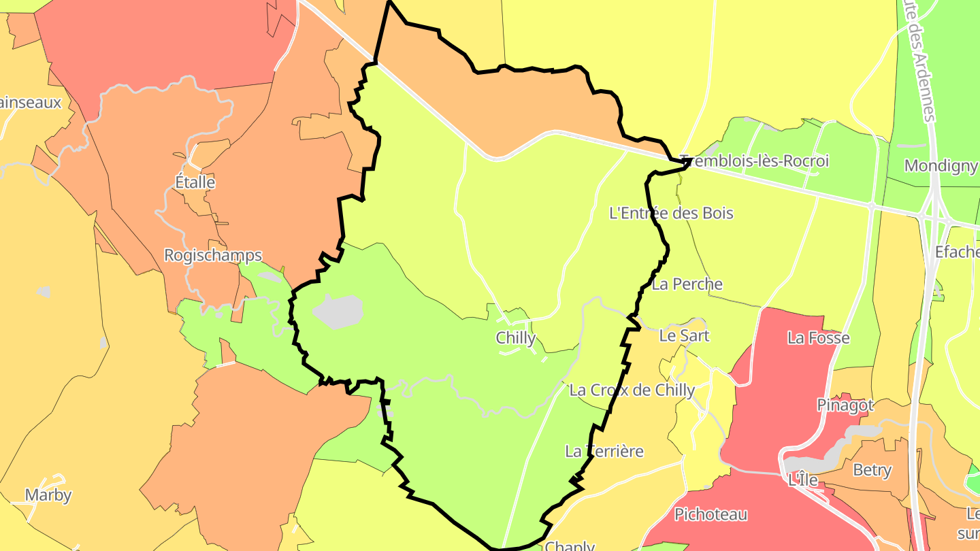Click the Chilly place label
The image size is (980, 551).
[516, 338]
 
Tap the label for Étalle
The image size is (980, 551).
[195, 182]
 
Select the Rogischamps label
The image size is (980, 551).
[213, 255]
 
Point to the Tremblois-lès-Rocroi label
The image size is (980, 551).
[755, 161]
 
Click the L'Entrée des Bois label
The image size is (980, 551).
[671, 213]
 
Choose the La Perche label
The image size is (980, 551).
[687, 284]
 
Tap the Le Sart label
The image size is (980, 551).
[684, 335]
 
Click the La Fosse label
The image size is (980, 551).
[819, 337]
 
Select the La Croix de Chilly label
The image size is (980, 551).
[632, 390]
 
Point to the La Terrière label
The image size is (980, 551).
[604, 451]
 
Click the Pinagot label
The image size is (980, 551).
[845, 405]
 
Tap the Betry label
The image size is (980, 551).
[872, 470]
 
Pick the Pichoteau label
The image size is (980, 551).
[710, 514]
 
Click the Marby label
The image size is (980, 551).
[48, 495]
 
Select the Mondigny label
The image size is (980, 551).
[941, 165]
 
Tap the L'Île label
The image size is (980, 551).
[802, 480]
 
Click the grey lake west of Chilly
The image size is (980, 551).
[337, 311]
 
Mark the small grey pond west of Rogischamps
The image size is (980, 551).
[44, 291]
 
